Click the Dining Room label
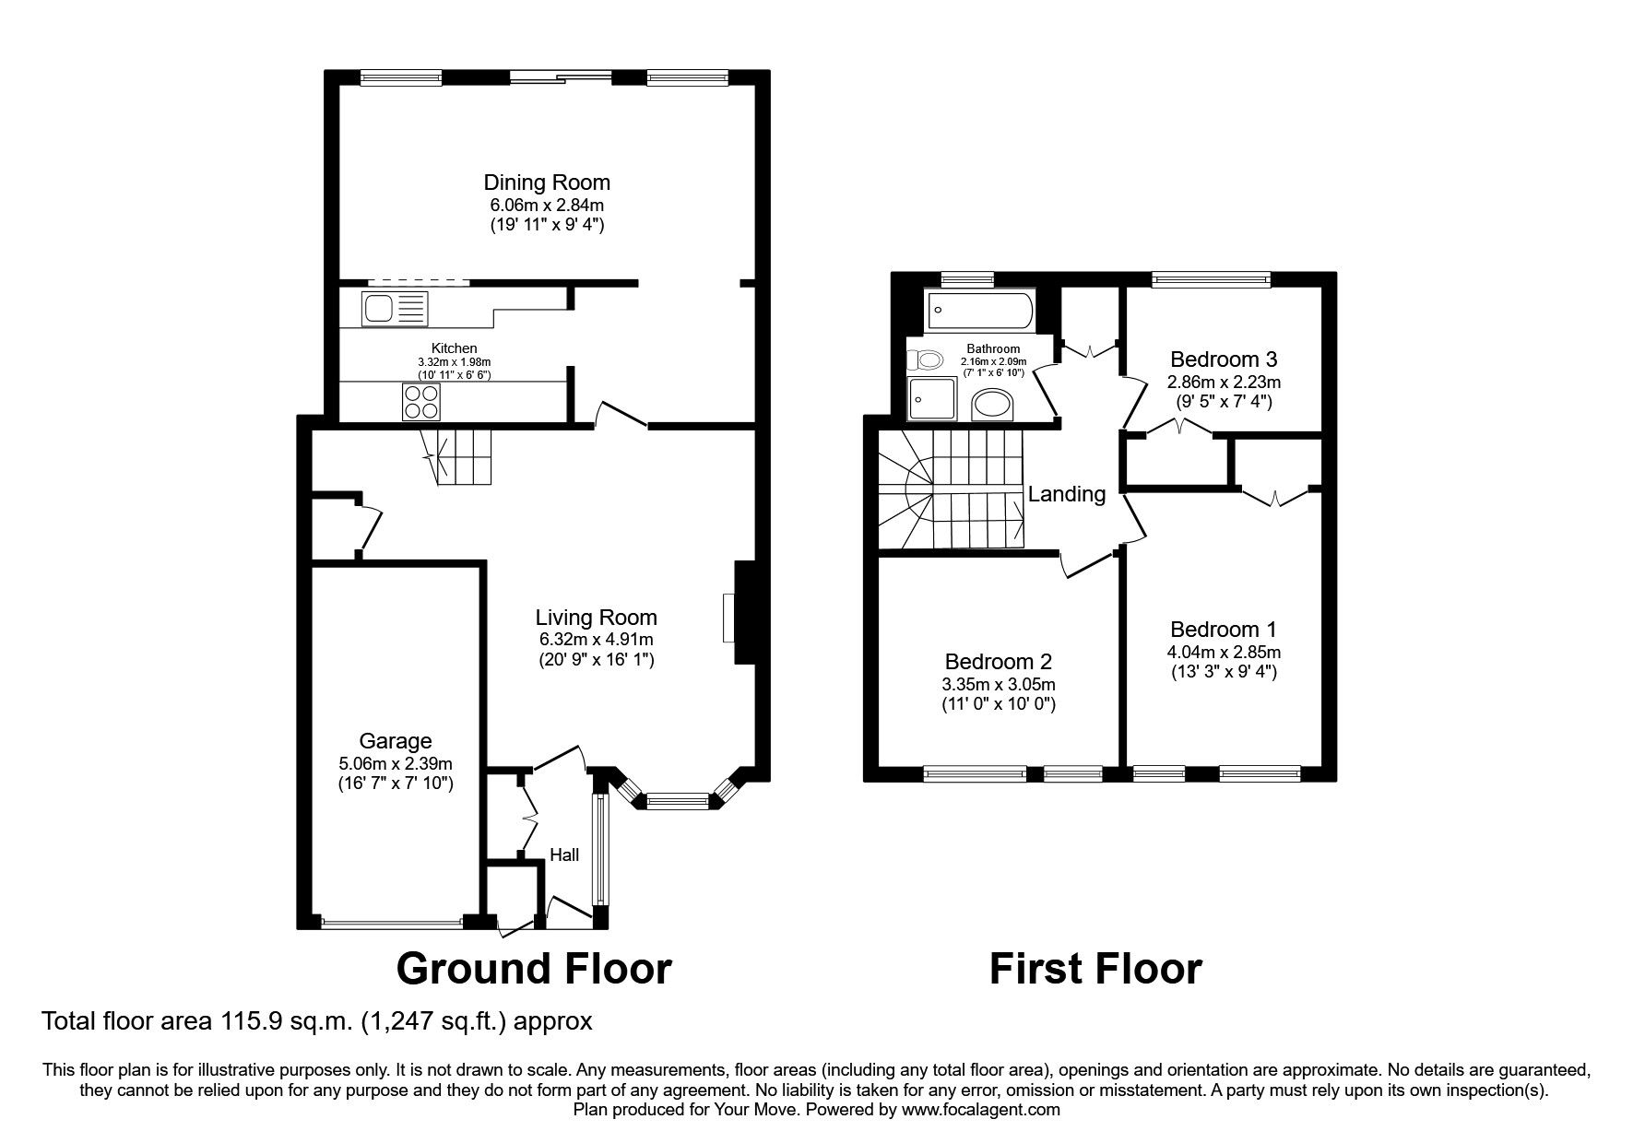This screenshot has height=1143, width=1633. (x=548, y=183)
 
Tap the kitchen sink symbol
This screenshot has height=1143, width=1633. (x=395, y=308)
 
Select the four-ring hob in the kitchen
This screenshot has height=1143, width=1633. (x=421, y=402)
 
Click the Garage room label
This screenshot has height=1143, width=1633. (x=396, y=741)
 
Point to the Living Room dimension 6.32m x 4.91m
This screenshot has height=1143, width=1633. (x=596, y=639)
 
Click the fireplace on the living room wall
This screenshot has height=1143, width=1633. (x=742, y=613)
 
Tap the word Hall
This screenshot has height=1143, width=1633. (x=564, y=855)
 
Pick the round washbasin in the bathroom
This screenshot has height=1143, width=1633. (x=993, y=404)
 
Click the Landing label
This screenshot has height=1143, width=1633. (x=1067, y=494)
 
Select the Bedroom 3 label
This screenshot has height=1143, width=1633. (x=1224, y=359)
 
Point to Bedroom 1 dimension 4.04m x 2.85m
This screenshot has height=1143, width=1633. (x=1223, y=652)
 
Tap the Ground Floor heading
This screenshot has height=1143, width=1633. (x=534, y=969)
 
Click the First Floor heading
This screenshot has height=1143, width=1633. (x=1095, y=969)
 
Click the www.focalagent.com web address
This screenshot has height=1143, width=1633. (x=981, y=1110)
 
